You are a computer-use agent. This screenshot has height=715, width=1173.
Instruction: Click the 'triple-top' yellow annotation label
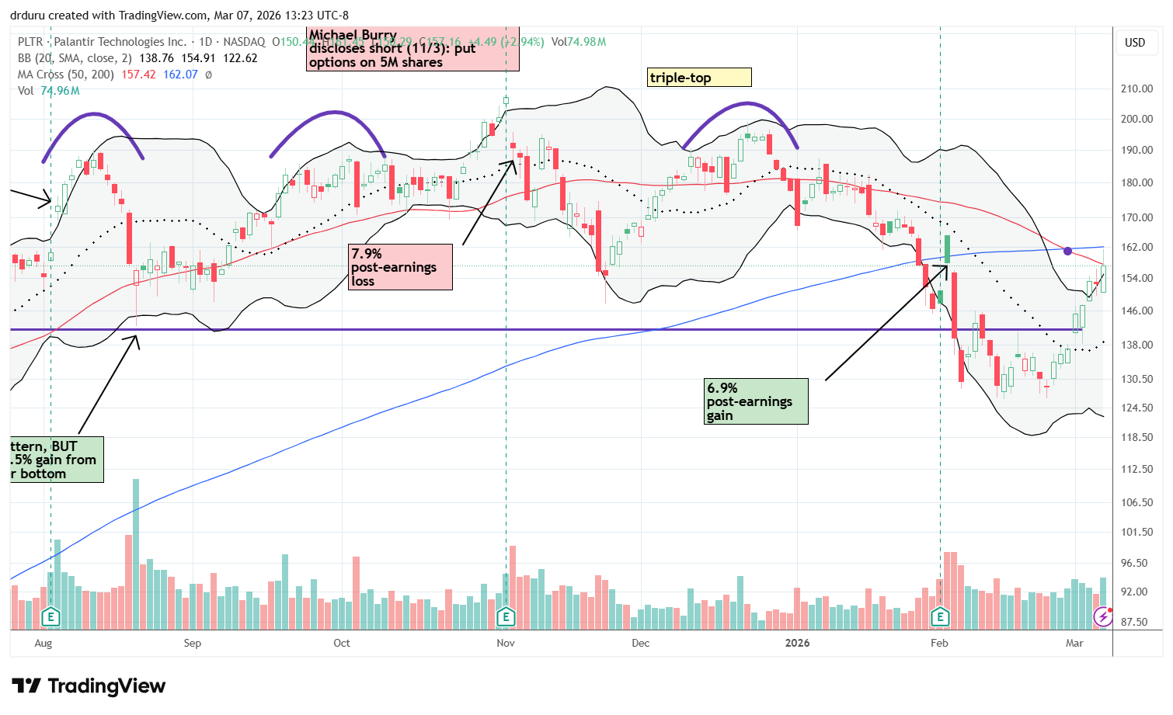[x=699, y=78]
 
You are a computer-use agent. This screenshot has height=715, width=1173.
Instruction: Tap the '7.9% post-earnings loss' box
[x=400, y=267]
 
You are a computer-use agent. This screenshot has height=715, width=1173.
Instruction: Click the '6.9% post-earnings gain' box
[x=757, y=401]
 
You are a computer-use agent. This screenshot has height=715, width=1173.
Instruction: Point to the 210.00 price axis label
[x=1136, y=89]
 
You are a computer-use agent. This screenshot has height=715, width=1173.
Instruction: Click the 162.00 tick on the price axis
[x=1136, y=247]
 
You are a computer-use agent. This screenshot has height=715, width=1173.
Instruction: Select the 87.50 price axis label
[x=1136, y=622]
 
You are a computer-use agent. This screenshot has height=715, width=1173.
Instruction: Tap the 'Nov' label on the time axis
[x=506, y=643]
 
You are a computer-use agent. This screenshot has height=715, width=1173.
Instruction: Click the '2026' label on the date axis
[x=797, y=643]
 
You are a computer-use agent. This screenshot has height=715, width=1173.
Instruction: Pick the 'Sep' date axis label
[x=192, y=643]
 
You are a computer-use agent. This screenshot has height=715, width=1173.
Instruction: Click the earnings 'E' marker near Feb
[x=940, y=617]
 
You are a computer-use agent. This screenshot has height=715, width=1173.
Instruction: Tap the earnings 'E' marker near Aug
[x=50, y=617]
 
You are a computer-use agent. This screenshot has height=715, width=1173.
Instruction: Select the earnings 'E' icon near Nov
[x=506, y=617]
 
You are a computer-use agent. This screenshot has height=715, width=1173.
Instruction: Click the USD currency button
[x=1135, y=43]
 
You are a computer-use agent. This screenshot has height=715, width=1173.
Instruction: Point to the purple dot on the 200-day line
[x=1068, y=251]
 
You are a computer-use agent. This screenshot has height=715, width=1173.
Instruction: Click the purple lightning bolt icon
[x=1102, y=617]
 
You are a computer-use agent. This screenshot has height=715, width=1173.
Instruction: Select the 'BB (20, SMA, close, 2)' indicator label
[x=71, y=58]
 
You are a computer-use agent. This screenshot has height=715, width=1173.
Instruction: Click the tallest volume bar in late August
[x=136, y=553]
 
